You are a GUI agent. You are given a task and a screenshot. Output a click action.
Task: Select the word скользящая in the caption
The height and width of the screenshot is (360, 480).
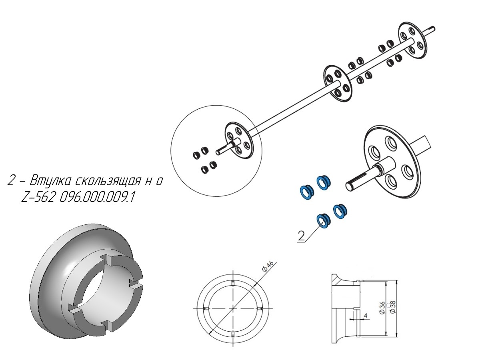pyautogui.click(x=108, y=181)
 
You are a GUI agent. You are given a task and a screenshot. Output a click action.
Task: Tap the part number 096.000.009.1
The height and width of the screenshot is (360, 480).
pyautogui.click(x=97, y=198)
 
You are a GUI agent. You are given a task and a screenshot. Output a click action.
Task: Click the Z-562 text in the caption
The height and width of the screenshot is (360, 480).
pyautogui.click(x=37, y=198)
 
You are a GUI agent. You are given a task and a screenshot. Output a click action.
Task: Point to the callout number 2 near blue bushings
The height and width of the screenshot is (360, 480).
pyautogui.click(x=301, y=236)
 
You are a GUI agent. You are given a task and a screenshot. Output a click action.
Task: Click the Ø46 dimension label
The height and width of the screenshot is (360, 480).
pyautogui.click(x=268, y=267)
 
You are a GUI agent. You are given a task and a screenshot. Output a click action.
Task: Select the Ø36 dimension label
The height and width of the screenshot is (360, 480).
pyautogui.click(x=382, y=308)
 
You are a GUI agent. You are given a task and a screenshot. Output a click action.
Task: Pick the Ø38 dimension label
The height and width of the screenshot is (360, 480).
pyautogui.click(x=393, y=307)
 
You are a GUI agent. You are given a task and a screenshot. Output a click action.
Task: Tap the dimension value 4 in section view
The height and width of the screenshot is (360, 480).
pyautogui.click(x=366, y=316)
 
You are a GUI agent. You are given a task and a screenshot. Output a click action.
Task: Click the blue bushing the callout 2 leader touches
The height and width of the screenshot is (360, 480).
pyautogui.click(x=323, y=221)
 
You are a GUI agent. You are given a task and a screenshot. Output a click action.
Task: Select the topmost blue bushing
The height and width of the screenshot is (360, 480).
pyautogui.click(x=324, y=182)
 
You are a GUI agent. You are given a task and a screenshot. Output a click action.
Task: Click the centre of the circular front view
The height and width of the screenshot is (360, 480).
pyautogui.click(x=233, y=308)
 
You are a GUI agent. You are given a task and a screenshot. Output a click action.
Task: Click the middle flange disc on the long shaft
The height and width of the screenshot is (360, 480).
pyautogui.click(x=338, y=83)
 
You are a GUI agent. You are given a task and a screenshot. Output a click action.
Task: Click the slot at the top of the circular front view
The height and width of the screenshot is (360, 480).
pyautogui.click(x=233, y=282)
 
